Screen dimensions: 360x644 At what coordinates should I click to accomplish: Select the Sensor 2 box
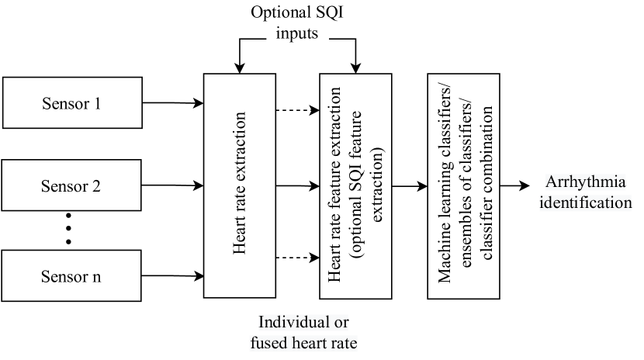(x=71, y=186)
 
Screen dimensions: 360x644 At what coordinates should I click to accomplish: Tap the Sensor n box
(x=71, y=275)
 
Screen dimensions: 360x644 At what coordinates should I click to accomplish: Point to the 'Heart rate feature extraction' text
(x=335, y=186)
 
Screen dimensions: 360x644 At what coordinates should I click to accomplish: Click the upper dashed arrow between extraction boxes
(x=298, y=109)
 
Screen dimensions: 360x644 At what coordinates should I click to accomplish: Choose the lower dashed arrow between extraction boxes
(x=298, y=258)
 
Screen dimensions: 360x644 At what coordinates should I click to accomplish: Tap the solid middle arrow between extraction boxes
(x=298, y=186)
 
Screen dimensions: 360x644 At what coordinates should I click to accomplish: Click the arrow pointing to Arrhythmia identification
(x=514, y=186)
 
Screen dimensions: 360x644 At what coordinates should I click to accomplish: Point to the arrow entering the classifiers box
(x=410, y=186)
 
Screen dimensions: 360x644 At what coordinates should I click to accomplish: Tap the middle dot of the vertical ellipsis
(x=68, y=227)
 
